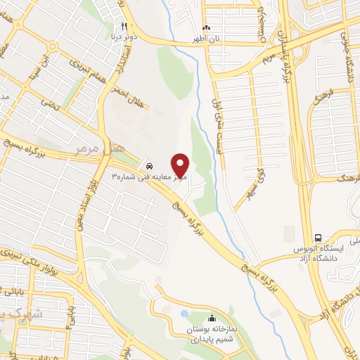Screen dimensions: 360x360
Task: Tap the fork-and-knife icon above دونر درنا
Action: pos(124,25)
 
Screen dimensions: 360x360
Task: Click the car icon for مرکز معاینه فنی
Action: pos(148,165)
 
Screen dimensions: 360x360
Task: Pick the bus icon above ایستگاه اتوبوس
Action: pos(319,238)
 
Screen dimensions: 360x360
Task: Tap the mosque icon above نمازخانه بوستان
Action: pos(212,319)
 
